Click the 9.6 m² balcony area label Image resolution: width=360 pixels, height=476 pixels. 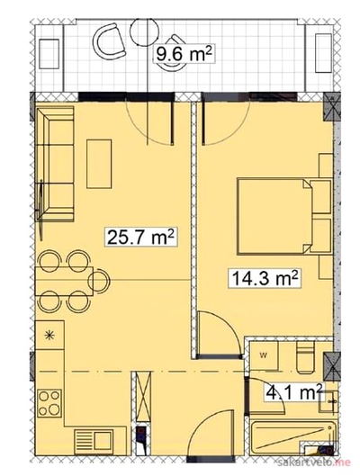(184, 54)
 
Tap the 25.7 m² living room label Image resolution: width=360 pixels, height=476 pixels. (141, 238)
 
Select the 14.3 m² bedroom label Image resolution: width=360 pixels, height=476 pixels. (265, 277)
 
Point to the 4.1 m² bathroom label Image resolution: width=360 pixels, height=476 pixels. (293, 392)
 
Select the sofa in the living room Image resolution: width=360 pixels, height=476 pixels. (55, 164)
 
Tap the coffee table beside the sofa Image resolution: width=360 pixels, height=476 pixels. (99, 164)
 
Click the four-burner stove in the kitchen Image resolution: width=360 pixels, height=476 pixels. (49, 403)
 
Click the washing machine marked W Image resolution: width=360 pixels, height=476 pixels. (264, 355)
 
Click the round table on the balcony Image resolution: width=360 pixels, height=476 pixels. (144, 31)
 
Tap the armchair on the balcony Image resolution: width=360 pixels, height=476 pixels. (110, 41)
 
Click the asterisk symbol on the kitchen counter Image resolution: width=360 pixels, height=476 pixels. (49, 335)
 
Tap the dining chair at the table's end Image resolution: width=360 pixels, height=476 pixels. (99, 281)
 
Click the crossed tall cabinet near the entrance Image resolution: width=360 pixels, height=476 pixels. (143, 396)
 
